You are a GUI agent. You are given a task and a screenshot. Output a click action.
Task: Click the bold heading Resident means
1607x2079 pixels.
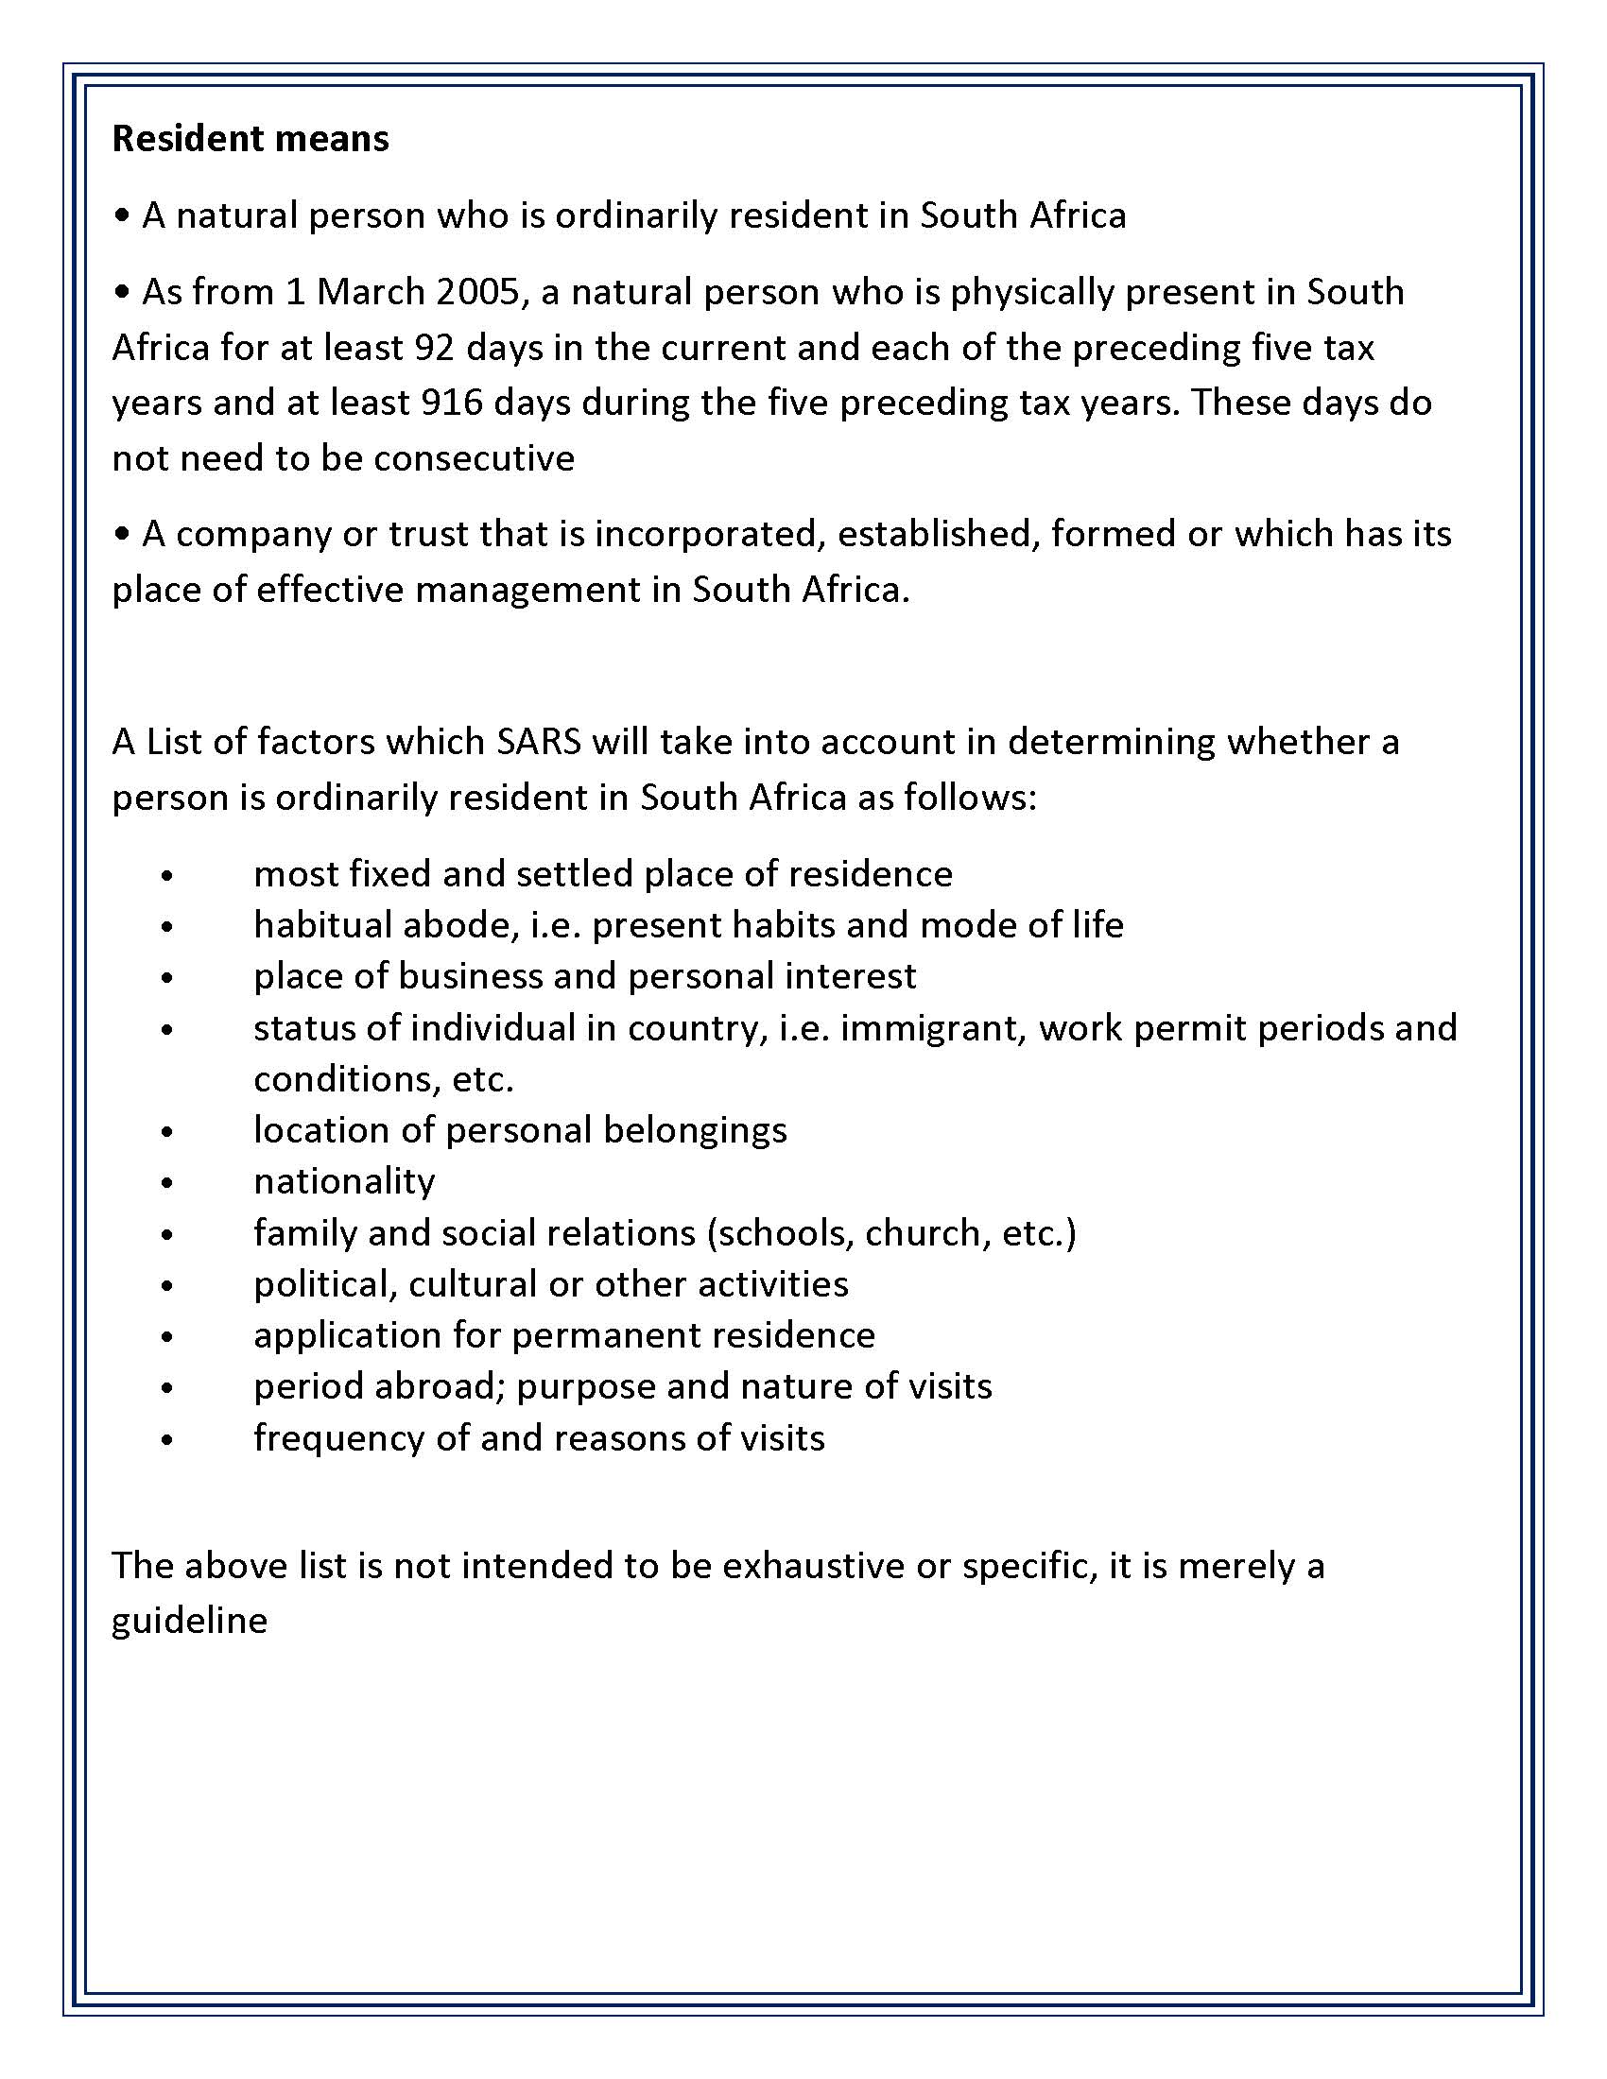[x=251, y=139]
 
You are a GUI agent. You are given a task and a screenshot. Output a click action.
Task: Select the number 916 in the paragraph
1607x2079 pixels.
[x=451, y=403]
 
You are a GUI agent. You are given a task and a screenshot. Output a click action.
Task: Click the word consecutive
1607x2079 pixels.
[x=475, y=459]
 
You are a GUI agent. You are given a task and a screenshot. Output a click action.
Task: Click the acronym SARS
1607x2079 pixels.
[x=538, y=742]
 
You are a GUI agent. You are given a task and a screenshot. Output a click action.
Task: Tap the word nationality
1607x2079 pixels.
[x=345, y=1181]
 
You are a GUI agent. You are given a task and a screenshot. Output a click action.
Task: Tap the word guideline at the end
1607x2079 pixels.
[x=189, y=1621]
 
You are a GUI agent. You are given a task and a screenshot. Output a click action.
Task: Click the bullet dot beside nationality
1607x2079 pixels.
[x=167, y=1183]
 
